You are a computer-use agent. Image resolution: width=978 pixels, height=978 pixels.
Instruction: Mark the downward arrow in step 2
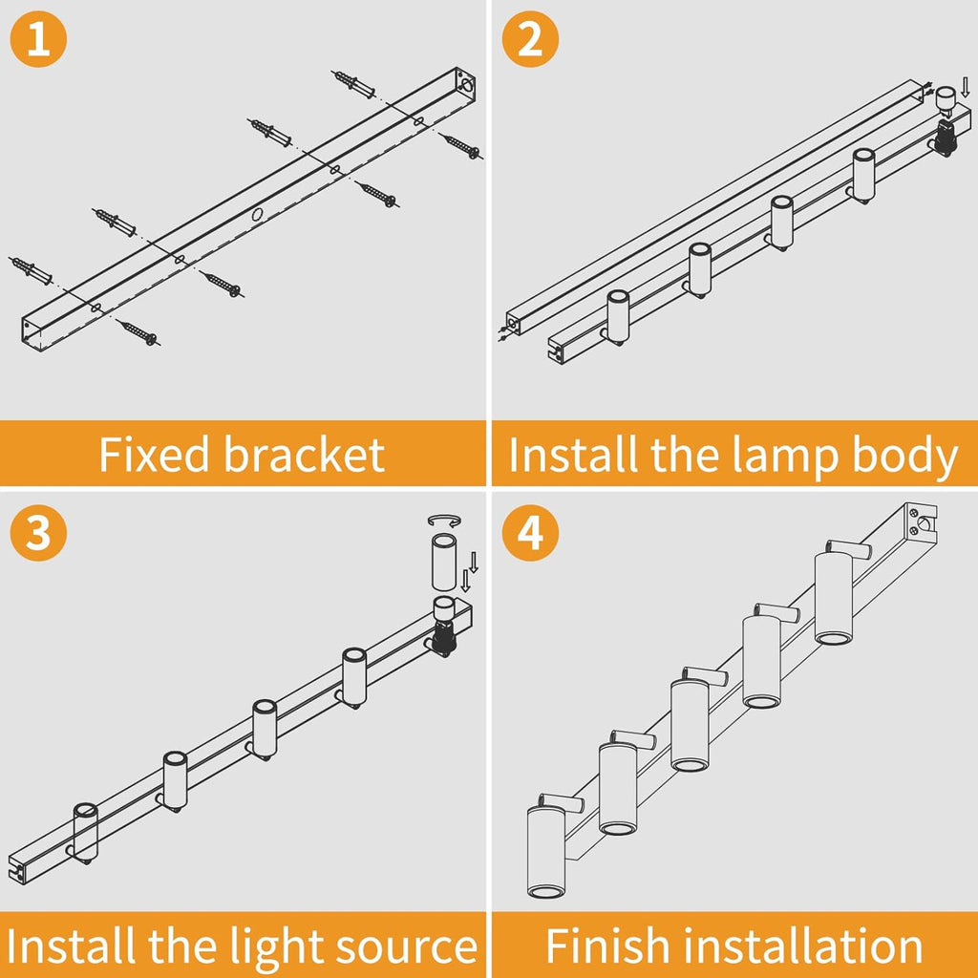[x=965, y=88]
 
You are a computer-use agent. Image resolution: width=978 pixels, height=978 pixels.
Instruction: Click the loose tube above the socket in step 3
[x=443, y=563]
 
